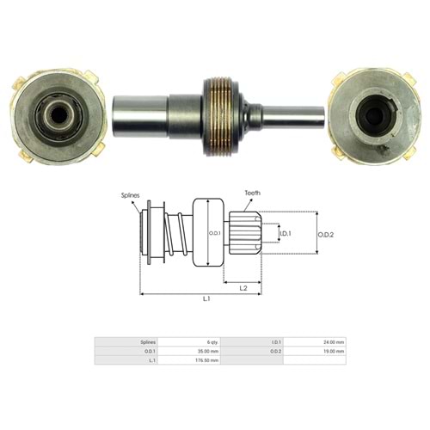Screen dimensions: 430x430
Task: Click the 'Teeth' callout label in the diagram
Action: point(252,194)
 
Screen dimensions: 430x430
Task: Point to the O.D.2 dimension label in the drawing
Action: point(325,234)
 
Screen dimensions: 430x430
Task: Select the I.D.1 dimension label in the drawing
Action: point(285,233)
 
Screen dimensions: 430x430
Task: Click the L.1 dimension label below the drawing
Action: point(207,298)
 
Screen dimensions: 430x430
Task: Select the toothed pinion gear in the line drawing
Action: point(242,232)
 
